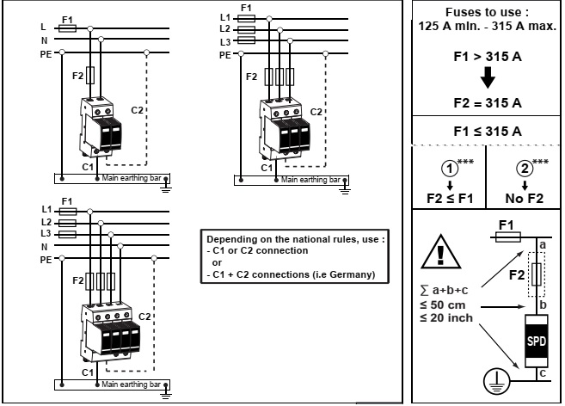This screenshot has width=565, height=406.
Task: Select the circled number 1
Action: pyautogui.click(x=448, y=166)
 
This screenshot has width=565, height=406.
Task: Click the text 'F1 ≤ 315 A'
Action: pyautogui.click(x=487, y=132)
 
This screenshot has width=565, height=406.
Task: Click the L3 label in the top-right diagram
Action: pyautogui.click(x=226, y=41)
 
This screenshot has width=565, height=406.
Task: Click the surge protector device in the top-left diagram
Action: pyautogui.click(x=101, y=128)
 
